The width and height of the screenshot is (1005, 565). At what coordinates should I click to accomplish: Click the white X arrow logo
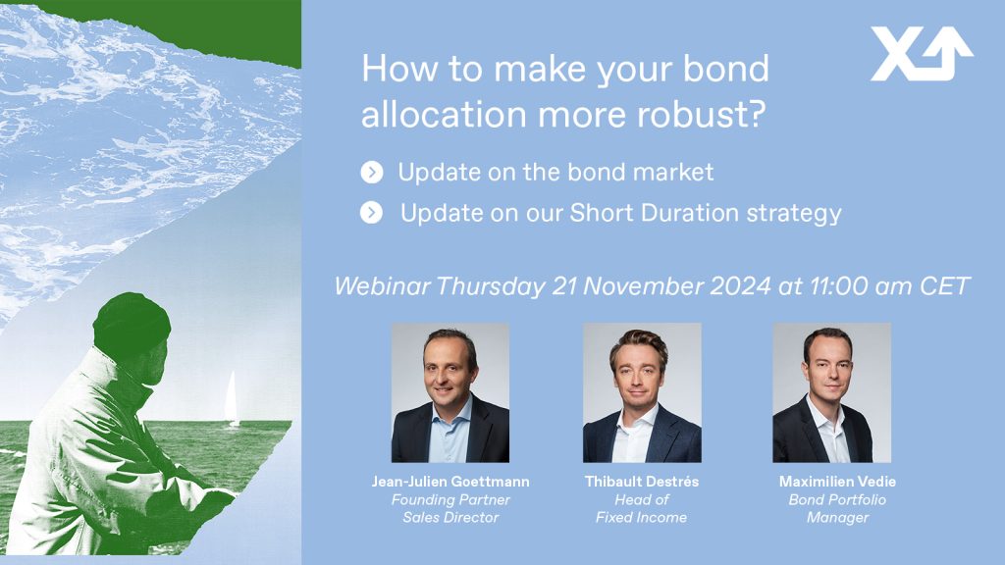[921, 54]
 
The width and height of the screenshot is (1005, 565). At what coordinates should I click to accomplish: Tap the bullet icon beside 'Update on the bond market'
[372, 173]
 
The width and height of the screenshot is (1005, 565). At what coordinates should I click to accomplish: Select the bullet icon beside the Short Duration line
[371, 213]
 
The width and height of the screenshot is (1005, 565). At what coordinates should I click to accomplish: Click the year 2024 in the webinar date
[740, 285]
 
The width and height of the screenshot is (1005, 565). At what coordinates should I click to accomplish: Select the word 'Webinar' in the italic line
[382, 285]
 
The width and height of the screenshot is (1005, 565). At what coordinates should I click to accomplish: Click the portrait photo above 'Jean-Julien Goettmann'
[450, 392]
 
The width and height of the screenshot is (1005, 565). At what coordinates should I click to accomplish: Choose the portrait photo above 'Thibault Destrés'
[642, 392]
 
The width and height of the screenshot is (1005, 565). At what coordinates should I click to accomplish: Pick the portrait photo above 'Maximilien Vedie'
[832, 392]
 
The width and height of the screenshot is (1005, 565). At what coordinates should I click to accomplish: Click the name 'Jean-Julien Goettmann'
[450, 482]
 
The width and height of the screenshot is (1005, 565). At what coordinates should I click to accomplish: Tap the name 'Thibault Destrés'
[642, 482]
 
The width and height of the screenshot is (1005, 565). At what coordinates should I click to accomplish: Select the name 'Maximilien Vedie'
[838, 482]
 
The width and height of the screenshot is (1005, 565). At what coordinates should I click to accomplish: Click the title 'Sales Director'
[450, 518]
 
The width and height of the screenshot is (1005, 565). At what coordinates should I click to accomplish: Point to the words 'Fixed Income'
[642, 518]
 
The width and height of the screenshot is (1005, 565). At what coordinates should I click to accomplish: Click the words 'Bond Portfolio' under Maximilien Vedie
[838, 499]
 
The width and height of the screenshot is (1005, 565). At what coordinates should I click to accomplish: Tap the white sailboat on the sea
[232, 399]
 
